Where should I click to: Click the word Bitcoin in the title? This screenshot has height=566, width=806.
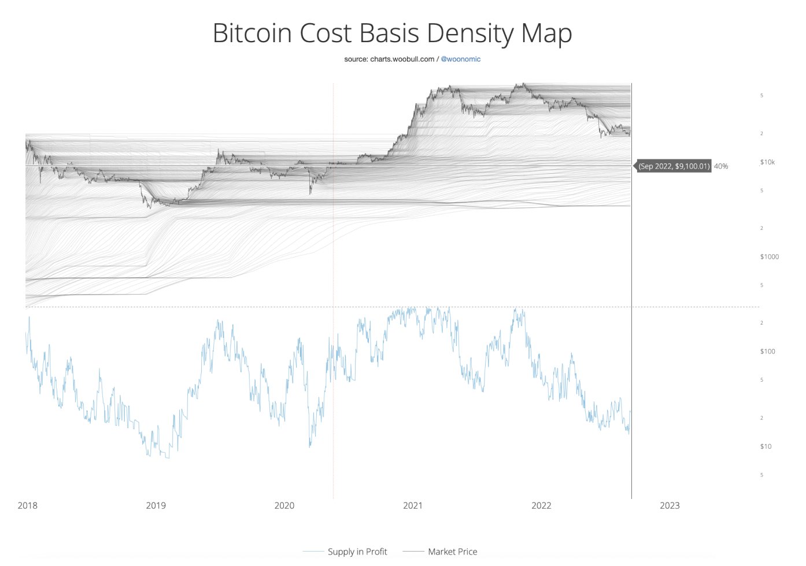(253, 33)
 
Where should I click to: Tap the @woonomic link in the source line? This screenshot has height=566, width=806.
(461, 59)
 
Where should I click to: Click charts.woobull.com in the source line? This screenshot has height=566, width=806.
(402, 59)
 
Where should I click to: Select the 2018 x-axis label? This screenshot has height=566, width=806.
(27, 505)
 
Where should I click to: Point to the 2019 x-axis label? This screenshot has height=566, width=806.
(156, 505)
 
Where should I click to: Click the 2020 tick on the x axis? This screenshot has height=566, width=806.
(284, 505)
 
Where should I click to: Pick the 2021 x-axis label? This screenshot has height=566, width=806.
(412, 505)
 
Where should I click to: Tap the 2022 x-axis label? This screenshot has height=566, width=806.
(541, 505)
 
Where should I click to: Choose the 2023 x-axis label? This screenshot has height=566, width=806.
(670, 505)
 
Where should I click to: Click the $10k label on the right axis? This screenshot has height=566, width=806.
(767, 162)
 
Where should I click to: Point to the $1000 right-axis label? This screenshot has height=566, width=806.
(769, 256)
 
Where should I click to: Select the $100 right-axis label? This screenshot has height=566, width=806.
(767, 351)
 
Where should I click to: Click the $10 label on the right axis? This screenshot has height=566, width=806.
(766, 446)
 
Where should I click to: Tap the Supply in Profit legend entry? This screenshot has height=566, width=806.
(357, 552)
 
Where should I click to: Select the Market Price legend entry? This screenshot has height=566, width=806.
(452, 552)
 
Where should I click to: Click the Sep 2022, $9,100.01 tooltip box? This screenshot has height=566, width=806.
(674, 166)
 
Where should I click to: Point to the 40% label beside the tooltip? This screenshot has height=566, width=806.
(721, 166)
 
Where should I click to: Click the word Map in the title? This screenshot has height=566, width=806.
(546, 33)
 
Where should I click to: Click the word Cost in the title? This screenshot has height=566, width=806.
(326, 33)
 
